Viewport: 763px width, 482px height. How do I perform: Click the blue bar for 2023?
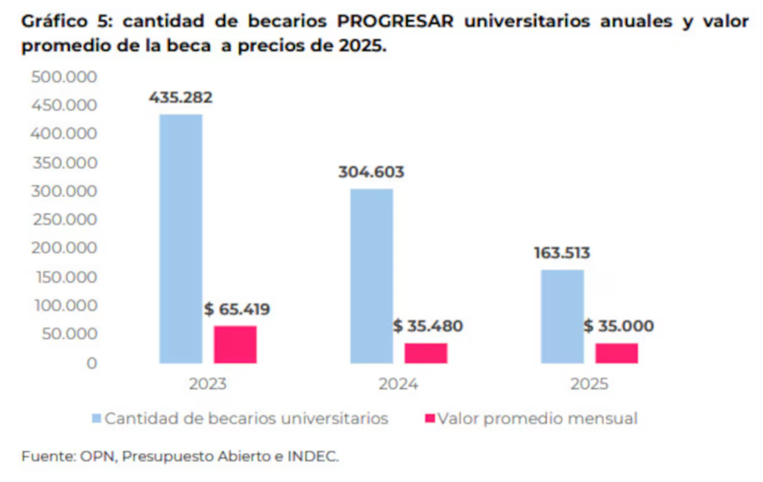180,238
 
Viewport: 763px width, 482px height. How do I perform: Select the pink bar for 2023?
235,344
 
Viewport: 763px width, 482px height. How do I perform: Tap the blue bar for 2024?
371,276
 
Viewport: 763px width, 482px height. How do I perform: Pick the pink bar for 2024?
425,353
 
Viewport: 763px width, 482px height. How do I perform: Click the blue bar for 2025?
562,316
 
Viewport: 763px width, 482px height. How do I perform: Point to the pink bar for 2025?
616,353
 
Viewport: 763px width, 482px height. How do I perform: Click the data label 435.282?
180,97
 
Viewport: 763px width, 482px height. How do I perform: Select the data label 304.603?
371,172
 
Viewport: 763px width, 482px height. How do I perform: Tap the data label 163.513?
562,253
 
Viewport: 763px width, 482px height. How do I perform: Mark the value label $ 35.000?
618,326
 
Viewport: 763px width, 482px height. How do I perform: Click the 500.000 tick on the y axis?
65,77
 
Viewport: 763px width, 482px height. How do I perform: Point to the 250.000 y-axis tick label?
65,220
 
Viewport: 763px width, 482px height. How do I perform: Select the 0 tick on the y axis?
92,363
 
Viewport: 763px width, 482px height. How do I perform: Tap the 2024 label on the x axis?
399,384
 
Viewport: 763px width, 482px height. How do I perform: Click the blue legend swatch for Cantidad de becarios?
96,419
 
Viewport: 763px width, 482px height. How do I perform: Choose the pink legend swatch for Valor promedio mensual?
428,419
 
